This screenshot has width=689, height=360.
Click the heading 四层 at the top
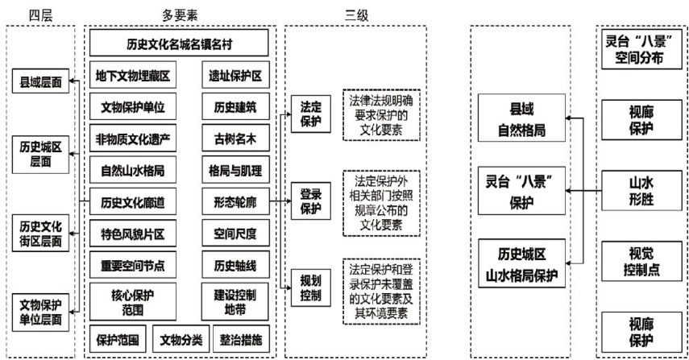(x=40, y=14)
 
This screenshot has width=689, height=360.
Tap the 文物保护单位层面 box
(x=40, y=311)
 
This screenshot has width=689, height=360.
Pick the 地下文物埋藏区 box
(x=132, y=77)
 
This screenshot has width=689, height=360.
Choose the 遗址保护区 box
(x=235, y=77)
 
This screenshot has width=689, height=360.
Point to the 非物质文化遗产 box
(x=132, y=139)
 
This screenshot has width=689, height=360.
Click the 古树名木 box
(x=235, y=139)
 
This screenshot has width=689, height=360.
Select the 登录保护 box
(x=311, y=201)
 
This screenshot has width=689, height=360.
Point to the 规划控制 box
(x=311, y=287)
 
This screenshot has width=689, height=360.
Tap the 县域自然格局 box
(x=521, y=118)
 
